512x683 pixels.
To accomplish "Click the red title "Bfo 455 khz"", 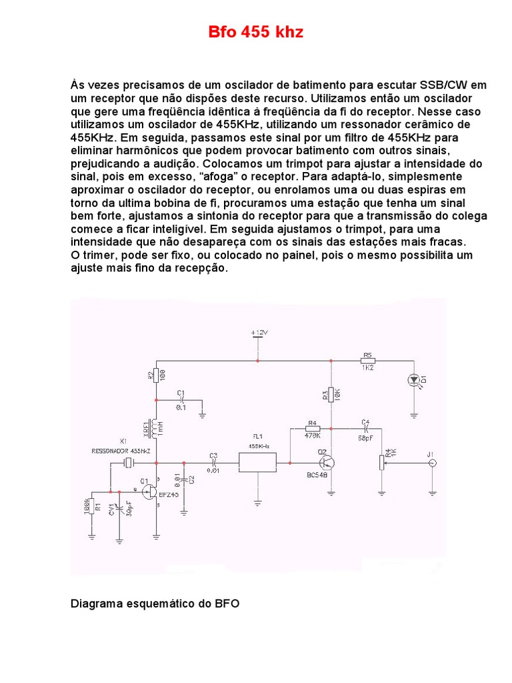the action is pos(253,32).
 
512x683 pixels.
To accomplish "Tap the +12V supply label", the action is pos(258,331).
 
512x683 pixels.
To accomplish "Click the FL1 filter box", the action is pos(257,462).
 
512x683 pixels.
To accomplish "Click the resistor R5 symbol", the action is pos(367,361).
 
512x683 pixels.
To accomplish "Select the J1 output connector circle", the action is pos(431,462).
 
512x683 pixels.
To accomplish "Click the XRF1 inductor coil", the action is pos(156,430).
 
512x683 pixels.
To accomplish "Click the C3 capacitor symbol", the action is pos(213,462).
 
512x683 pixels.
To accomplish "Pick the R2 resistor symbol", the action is pos(155,375).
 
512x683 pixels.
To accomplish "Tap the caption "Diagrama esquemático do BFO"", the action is pos(155,604).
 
